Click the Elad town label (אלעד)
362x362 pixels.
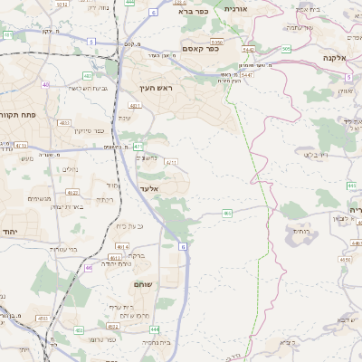click(x=149, y=188)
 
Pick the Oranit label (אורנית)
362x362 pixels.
click(x=233, y=8)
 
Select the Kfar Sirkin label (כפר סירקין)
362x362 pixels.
click(x=85, y=130)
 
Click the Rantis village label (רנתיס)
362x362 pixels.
click(x=301, y=231)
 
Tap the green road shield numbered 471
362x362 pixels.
click(x=138, y=145)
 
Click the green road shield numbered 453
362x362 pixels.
click(x=43, y=319)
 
